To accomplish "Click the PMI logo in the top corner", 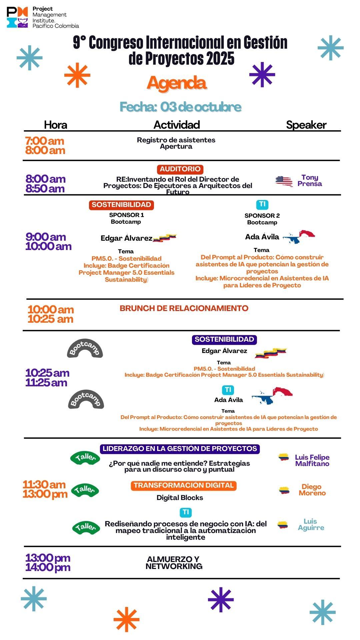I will (x=17, y=17).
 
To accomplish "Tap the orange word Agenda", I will (x=177, y=83).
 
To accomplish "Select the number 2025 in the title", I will (x=220, y=59).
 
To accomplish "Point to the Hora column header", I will (x=55, y=125).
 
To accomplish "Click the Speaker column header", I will (x=306, y=125).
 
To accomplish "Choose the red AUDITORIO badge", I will (x=180, y=169).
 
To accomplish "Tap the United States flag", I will (x=284, y=181).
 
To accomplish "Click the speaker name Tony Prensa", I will (x=310, y=180).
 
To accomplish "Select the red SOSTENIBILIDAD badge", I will (x=121, y=205).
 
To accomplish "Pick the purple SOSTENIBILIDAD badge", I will (x=224, y=339).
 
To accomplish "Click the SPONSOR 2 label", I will (x=262, y=216).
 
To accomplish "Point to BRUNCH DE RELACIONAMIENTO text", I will (x=184, y=308).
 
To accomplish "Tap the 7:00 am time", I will (x=45, y=141).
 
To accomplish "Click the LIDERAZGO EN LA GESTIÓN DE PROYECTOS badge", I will (x=180, y=449).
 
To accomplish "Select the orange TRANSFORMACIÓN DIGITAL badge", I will (x=183, y=485).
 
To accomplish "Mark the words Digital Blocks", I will (x=180, y=498).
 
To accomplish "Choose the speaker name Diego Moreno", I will (x=312, y=490).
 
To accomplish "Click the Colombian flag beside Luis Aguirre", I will (x=283, y=525).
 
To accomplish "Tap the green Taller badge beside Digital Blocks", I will (x=85, y=490).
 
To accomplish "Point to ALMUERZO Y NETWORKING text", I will (x=174, y=563).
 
